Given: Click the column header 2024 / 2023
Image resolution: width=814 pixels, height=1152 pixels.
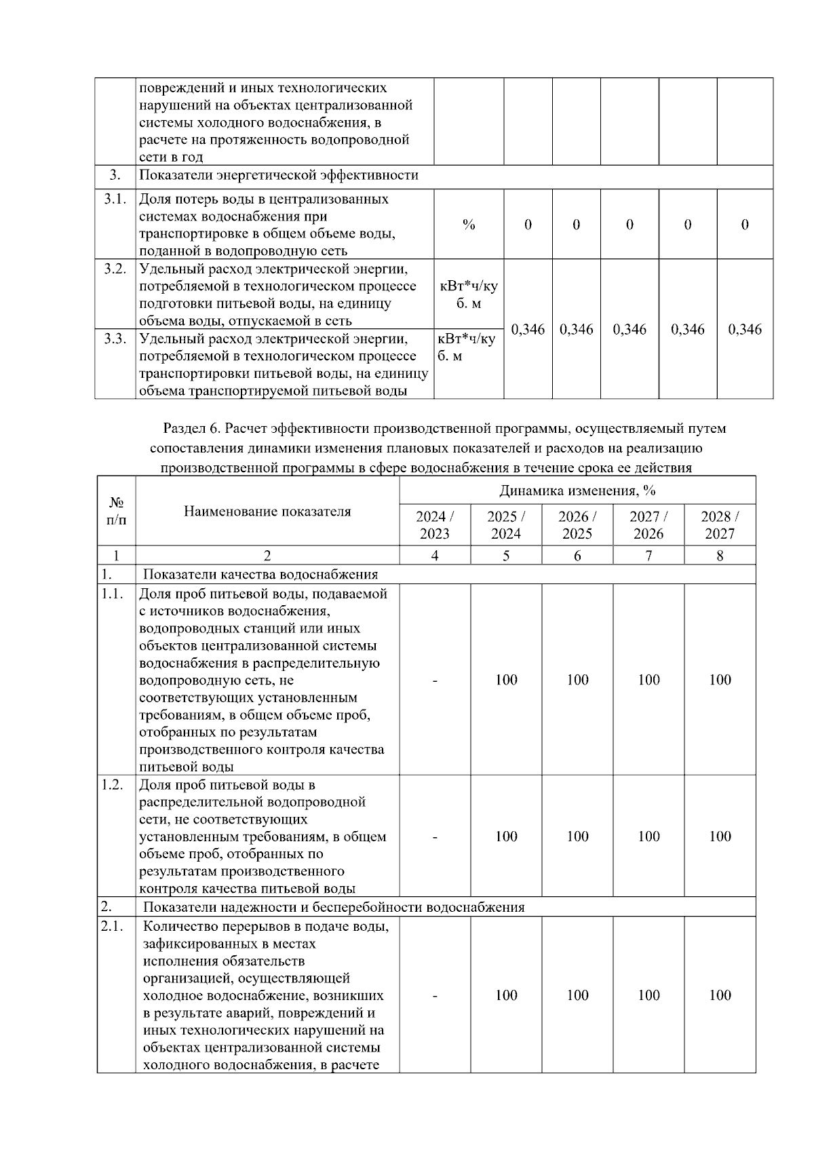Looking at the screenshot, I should point(435,524).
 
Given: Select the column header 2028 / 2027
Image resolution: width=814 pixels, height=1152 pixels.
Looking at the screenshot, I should point(720,524).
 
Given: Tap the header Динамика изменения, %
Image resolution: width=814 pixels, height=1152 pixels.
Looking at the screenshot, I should point(577,490).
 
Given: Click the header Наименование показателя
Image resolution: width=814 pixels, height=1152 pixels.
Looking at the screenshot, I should point(267,512).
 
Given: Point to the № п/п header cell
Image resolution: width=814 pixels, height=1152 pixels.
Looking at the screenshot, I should point(117,511).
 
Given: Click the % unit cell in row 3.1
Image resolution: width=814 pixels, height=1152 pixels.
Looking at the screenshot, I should point(469,225).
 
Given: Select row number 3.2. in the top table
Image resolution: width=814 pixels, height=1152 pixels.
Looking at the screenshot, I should point(115,269).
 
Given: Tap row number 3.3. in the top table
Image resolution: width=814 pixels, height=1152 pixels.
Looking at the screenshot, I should point(115,339).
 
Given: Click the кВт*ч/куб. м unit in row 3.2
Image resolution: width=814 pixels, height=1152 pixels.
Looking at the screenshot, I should point(469,294).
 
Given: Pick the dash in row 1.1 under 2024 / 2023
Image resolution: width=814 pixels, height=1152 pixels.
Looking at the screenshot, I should point(435,680).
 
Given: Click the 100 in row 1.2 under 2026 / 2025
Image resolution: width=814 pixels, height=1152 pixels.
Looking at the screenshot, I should point(577,836).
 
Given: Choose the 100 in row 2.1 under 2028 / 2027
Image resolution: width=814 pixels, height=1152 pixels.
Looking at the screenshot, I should point(720,995).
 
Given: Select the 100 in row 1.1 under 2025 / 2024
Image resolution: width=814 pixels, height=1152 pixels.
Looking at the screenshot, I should point(506,680).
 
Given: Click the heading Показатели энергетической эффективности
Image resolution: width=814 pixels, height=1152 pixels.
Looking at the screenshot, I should point(279,176).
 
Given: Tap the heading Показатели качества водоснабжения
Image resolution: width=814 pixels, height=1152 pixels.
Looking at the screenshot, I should point(260,575).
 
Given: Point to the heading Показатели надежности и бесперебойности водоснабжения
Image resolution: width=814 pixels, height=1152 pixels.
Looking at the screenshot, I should point(334,907).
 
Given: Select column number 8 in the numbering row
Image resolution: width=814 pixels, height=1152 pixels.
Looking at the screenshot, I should point(720,556).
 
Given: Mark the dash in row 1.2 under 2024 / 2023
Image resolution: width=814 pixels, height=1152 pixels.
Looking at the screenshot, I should point(435,836).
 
